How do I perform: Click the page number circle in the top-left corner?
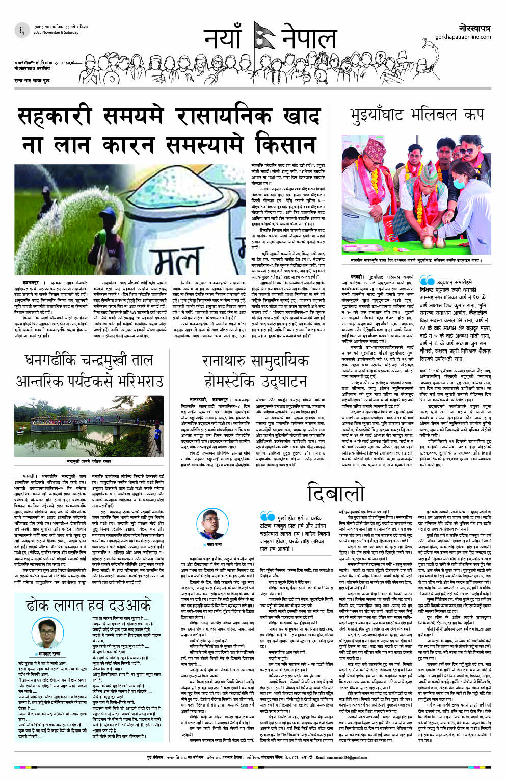(22, 30)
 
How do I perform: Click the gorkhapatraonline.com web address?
(463, 37)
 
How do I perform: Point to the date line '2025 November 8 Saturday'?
(56, 33)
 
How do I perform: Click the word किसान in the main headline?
(285, 144)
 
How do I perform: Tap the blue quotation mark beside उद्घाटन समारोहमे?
(426, 281)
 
